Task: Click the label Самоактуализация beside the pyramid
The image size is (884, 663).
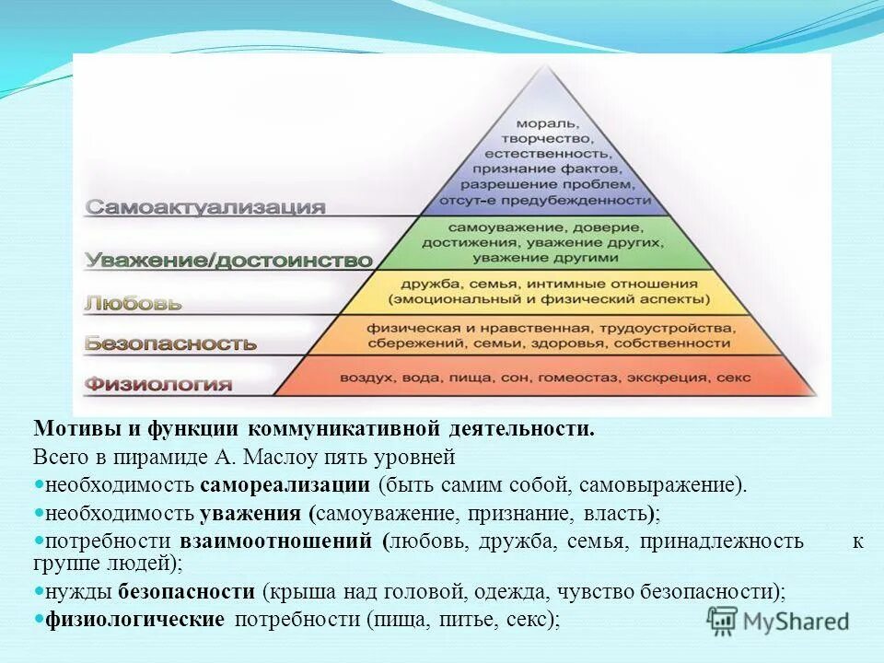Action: (205, 207)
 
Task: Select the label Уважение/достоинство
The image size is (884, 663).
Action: (228, 261)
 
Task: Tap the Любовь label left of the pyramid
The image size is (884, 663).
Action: (134, 302)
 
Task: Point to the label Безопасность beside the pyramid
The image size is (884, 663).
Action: (170, 343)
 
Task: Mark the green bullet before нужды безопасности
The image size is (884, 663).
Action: (39, 591)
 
